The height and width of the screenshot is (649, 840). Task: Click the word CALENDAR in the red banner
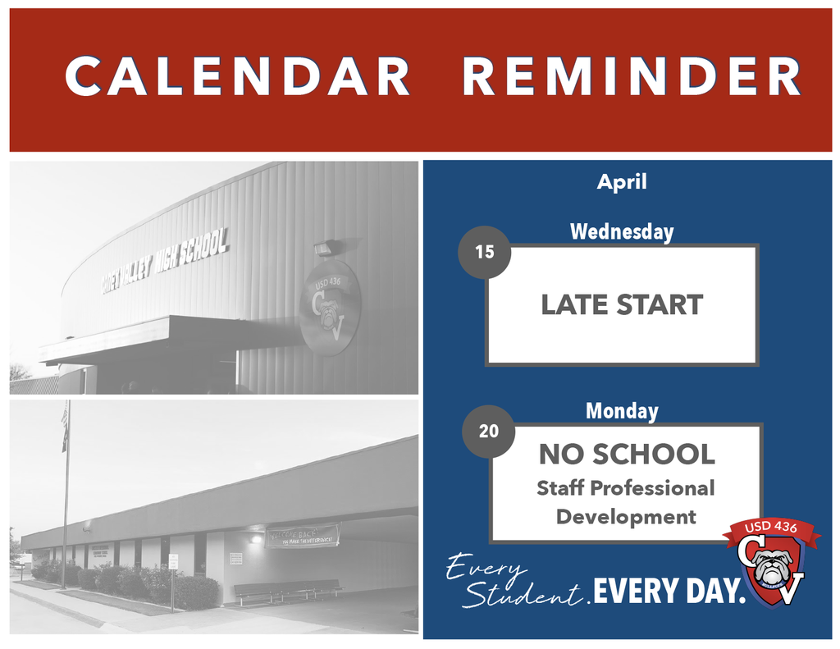tap(238, 76)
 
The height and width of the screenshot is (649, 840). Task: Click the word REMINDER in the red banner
tap(632, 76)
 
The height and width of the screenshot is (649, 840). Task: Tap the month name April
tap(622, 181)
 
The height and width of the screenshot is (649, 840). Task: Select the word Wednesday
tap(622, 232)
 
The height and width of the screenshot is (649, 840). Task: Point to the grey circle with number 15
tap(485, 252)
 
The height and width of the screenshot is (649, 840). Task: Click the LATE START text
tap(622, 305)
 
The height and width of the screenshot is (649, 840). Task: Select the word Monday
tap(622, 411)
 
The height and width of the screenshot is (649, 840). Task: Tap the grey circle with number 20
tap(489, 431)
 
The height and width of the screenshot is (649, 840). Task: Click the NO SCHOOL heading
tap(627, 454)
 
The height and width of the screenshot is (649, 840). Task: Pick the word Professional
tap(653, 488)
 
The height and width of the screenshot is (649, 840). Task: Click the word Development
tap(626, 517)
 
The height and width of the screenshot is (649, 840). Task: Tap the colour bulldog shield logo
tap(771, 562)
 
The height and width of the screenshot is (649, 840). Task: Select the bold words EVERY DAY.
tap(669, 592)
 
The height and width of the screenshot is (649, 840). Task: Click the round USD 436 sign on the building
tap(330, 307)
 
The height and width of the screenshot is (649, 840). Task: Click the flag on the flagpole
tap(65, 427)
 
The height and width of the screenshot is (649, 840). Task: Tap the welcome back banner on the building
tap(302, 536)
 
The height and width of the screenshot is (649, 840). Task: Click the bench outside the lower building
tap(288, 588)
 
